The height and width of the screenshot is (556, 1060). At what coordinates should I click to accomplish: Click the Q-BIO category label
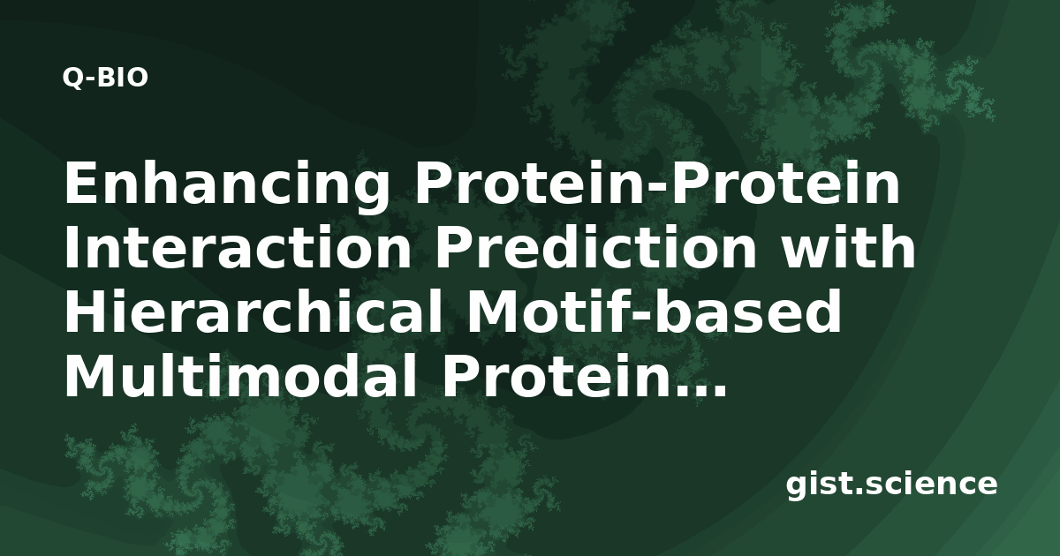(105, 78)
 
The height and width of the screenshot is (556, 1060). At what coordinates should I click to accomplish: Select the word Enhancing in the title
(227, 184)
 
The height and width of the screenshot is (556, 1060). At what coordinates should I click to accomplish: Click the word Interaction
(238, 247)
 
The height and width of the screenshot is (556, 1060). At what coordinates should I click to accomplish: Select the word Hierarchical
(254, 312)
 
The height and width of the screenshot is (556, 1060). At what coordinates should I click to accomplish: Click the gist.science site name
(891, 485)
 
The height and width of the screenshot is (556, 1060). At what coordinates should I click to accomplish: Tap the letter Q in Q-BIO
(72, 78)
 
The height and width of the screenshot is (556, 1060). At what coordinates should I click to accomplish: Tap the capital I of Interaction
(71, 247)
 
